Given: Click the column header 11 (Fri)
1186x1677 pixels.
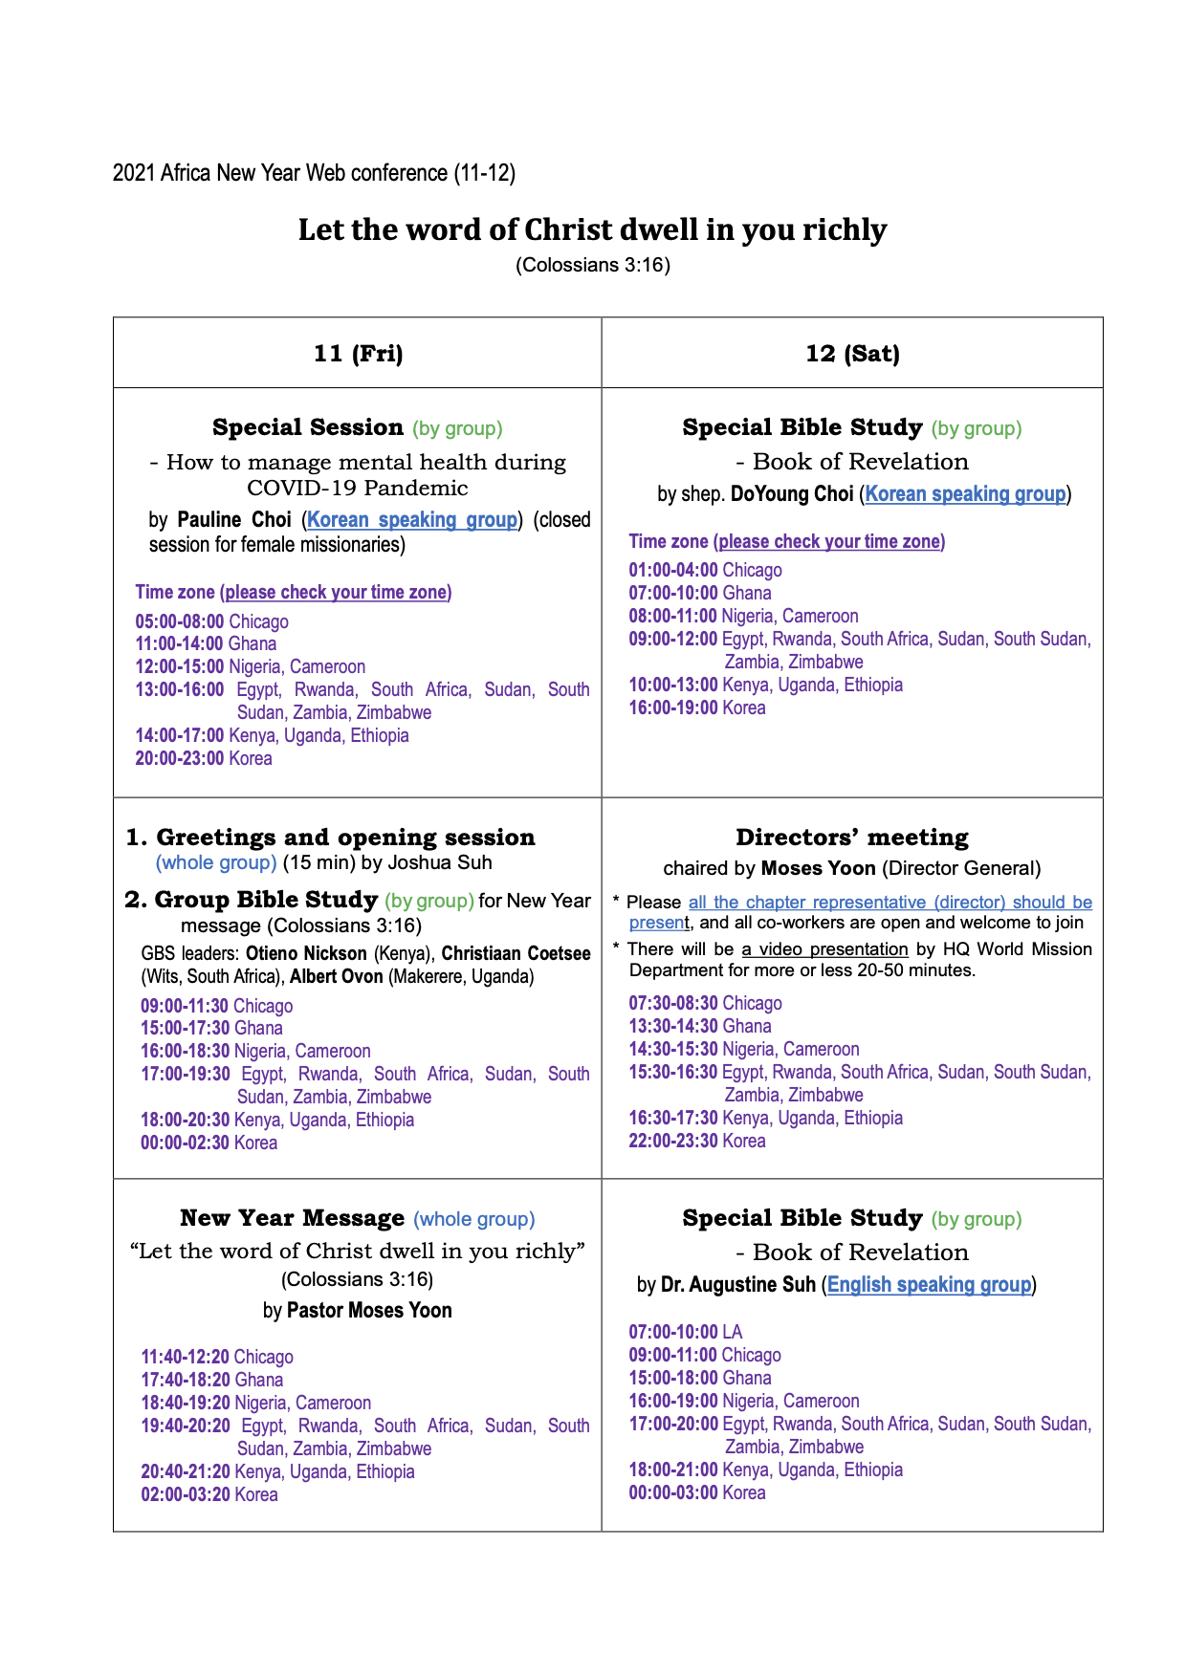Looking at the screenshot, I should pos(358,354).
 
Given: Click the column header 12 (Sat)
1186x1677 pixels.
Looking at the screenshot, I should pos(852,354).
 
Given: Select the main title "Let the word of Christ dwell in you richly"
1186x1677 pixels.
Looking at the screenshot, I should pos(592,230).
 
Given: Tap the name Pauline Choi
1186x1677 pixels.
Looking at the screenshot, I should pos(234,520).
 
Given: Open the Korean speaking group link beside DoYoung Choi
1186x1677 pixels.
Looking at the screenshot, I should pos(965,494).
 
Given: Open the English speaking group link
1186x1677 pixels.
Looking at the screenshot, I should pos(929,1285).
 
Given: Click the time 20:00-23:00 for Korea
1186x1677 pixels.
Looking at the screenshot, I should pos(180,758).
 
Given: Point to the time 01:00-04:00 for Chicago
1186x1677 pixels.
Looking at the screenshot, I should pos(673,570).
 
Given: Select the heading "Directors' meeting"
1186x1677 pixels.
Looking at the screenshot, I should pos(852,838).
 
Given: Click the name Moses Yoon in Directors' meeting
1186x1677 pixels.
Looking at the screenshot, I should pos(818,868).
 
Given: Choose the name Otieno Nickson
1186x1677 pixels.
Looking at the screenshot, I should pos(306,953).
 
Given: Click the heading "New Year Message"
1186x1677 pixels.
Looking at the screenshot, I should pos(293,1218).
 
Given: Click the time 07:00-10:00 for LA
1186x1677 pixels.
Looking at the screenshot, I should pos(673,1332).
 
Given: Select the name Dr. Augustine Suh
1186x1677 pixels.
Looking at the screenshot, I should pos(738,1285).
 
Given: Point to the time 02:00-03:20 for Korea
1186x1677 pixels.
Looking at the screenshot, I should pos(186,1494).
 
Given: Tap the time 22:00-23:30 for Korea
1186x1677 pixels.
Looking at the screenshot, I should pos(673,1141).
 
